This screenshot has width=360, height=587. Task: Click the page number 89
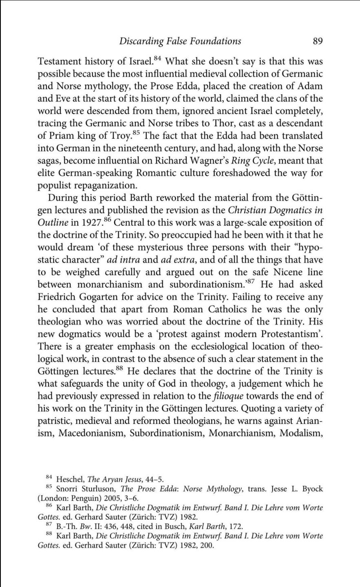(x=318, y=41)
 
